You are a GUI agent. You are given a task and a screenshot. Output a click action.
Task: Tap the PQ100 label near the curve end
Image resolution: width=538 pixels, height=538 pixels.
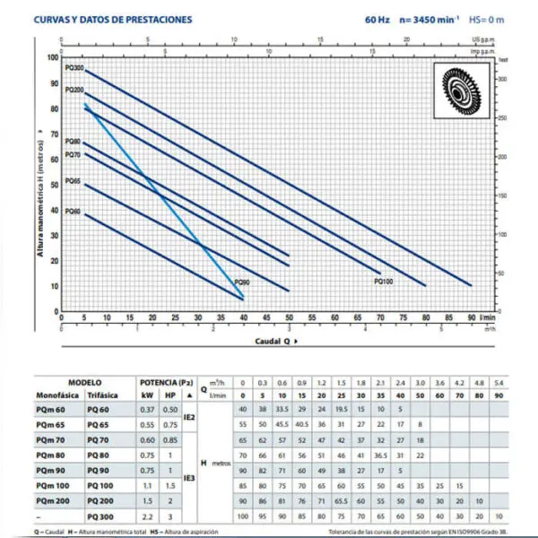click(x=383, y=281)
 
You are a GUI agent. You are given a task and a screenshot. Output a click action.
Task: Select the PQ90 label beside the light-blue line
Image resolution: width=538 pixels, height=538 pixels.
click(x=242, y=282)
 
